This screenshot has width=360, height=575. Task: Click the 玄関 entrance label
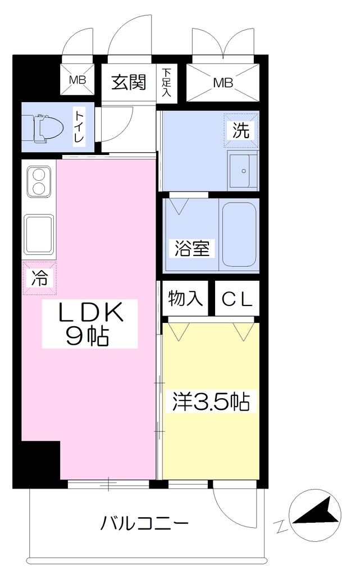129,82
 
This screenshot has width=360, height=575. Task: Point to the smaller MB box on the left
78,80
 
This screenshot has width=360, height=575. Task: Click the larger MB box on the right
223,83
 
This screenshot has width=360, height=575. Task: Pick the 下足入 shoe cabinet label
166,82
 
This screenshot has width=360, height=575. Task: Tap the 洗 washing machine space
241,130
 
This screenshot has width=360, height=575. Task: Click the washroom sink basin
242,171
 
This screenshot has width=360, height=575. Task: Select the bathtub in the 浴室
239,234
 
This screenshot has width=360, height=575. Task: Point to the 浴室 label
192,248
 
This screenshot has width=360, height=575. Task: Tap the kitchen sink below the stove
39,235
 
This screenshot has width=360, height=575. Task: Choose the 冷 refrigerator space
39,278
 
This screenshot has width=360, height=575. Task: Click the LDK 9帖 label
89,324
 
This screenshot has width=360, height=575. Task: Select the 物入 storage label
185,299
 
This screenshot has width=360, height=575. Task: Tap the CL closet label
237,299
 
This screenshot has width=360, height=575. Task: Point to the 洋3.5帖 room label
212,401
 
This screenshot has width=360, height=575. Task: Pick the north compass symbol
315,515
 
